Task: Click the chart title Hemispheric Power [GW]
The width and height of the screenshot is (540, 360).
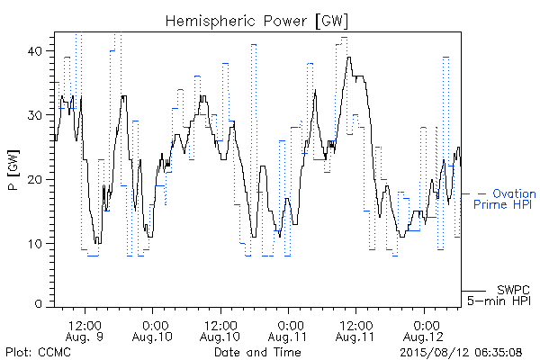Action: coord(256,21)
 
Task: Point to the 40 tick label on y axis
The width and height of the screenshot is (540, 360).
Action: coord(34,51)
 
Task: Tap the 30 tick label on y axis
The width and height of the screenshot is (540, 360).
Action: coord(34,115)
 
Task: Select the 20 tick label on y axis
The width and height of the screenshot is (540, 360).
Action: coord(34,179)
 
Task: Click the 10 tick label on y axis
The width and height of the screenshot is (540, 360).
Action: coord(35,244)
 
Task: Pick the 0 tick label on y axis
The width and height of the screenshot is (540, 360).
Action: coord(39,303)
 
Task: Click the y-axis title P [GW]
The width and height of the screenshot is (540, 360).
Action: coord(13,170)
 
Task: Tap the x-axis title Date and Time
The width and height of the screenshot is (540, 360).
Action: coord(257,352)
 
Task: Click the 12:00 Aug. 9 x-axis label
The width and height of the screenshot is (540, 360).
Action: coord(85,330)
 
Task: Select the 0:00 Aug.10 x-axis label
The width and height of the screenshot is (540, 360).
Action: coord(152,330)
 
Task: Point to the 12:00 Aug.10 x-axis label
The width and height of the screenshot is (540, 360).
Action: coord(220,330)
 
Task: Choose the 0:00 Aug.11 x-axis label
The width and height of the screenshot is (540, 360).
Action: coord(288,330)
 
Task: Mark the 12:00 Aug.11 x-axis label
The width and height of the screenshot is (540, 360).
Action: coord(355,330)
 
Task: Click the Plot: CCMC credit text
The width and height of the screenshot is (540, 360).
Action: coord(38,352)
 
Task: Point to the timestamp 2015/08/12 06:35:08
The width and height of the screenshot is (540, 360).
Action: coord(461,352)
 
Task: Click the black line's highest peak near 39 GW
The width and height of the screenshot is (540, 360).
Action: coord(349,58)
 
